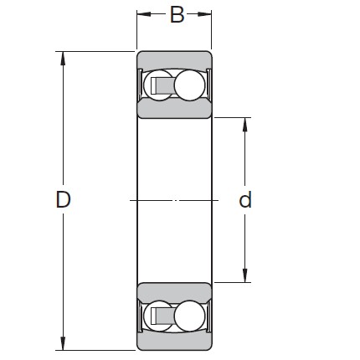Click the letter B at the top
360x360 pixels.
[x=177, y=15]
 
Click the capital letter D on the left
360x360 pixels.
[x=63, y=200]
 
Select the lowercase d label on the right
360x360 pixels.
[x=245, y=200]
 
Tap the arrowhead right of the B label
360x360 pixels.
[x=206, y=15]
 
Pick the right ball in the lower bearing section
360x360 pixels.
[x=189, y=316]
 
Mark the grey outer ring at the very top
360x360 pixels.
[x=174, y=59]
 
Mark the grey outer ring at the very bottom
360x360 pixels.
[x=174, y=342]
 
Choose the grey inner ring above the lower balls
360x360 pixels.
[x=174, y=291]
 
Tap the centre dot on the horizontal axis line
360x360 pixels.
[x=175, y=200]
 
